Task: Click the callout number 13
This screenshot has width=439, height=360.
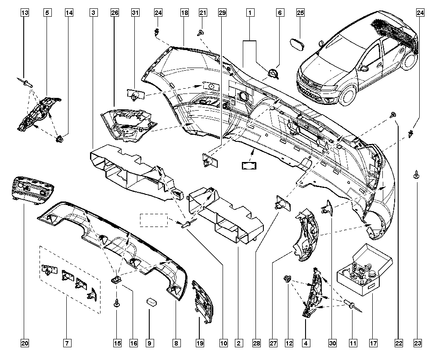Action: (26, 13)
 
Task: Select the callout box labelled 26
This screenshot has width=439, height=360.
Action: (115, 13)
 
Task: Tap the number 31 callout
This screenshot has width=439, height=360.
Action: (136, 13)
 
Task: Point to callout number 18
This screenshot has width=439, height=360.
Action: (184, 13)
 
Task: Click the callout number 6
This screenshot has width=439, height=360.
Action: (279, 13)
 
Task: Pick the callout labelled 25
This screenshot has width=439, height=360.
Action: (300, 13)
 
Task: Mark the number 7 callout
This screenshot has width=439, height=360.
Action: (67, 342)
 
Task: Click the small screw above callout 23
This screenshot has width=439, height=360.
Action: (415, 176)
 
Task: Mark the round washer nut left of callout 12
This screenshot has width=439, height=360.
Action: (288, 278)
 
